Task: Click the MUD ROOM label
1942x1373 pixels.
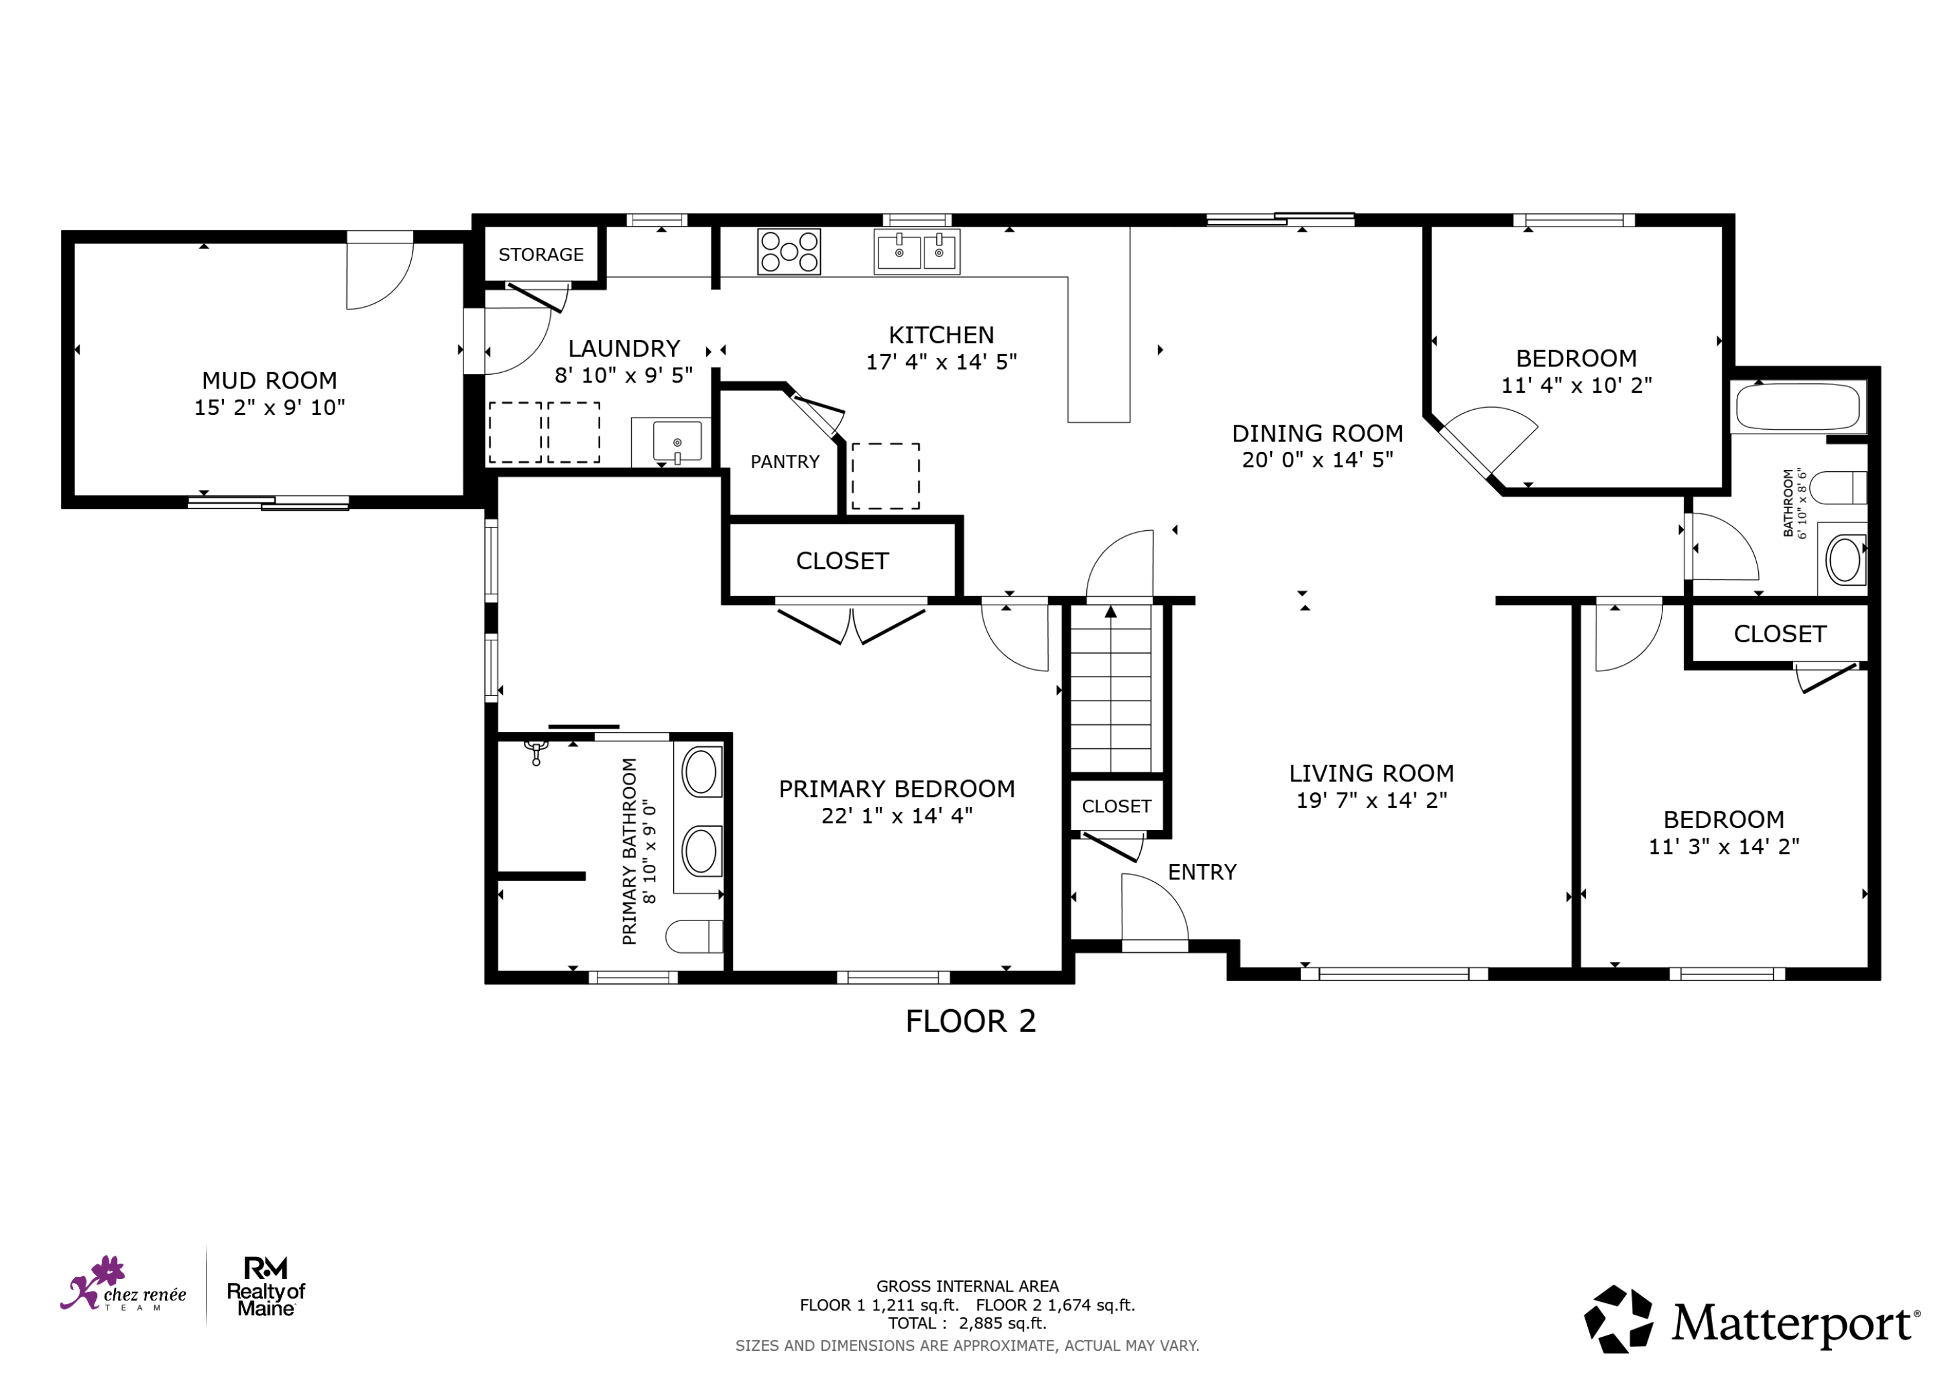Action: (269, 381)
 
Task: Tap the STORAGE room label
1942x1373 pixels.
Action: (541, 254)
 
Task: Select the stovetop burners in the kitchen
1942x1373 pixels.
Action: (788, 251)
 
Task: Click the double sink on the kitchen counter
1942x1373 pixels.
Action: (917, 251)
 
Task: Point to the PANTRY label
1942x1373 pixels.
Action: (785, 462)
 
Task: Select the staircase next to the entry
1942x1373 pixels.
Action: (1111, 687)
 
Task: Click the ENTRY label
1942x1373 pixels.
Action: (1202, 872)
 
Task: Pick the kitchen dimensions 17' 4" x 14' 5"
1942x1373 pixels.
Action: (941, 362)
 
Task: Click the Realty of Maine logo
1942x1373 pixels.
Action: (265, 1287)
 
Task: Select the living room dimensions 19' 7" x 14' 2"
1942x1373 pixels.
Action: (1372, 800)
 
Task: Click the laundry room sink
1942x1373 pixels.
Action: (676, 441)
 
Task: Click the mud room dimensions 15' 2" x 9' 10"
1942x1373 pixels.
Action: (270, 408)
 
